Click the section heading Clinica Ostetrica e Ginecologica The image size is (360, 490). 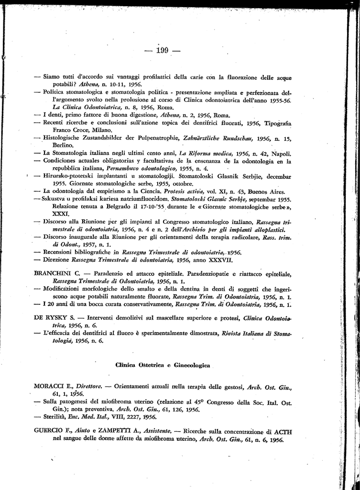(163, 352)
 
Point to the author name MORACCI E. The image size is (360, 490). (52, 385)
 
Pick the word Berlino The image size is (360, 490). (63, 145)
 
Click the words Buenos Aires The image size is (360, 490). (271, 191)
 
